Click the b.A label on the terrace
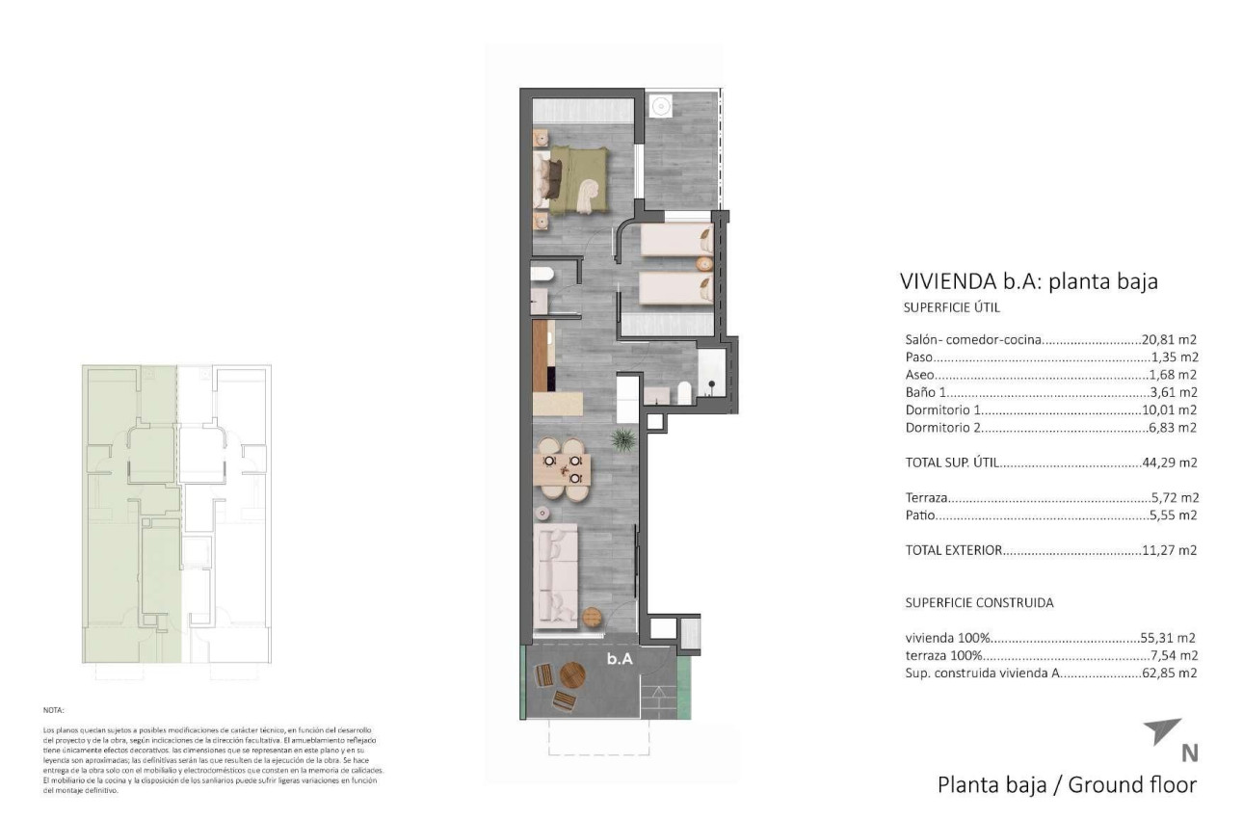point(619,660)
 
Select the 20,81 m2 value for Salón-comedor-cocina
point(1169,340)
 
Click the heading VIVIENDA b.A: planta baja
point(1028,281)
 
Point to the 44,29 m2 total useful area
point(1169,462)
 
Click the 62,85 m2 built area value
point(1169,674)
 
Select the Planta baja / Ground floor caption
point(1067,784)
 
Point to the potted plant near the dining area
point(622,440)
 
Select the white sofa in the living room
point(556,573)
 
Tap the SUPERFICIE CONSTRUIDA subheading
point(979,603)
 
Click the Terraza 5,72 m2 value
point(1173,498)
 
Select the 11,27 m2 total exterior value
point(1169,551)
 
